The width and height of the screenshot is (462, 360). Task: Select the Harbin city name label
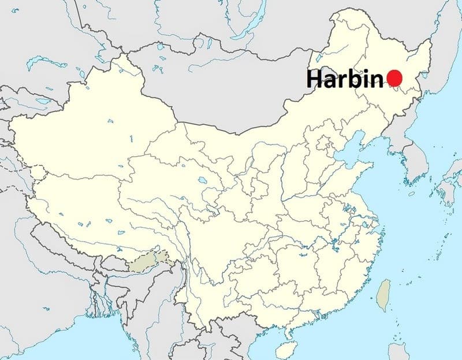pyautogui.click(x=345, y=79)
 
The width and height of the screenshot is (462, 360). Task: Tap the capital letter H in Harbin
pyautogui.click(x=314, y=79)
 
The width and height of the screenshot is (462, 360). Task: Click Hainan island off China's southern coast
pyautogui.click(x=284, y=349)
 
